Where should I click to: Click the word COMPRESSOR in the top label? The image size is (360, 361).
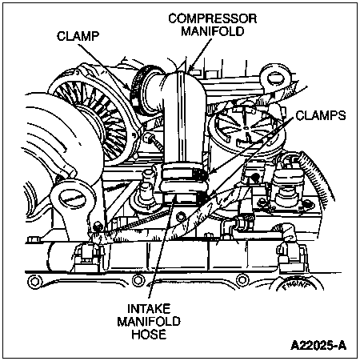tap(213, 18)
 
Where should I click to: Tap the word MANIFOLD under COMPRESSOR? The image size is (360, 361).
tap(213, 31)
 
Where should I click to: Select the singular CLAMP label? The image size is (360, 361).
tap(78, 36)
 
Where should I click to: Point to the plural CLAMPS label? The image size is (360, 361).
tap(321, 115)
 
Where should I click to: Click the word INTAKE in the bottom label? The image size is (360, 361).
tap(149, 309)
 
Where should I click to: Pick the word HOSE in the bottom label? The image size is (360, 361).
tap(149, 334)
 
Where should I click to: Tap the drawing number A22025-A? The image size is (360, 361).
tap(318, 345)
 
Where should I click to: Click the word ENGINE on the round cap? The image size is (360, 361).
tap(295, 286)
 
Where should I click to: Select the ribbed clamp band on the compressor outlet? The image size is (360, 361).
tap(141, 86)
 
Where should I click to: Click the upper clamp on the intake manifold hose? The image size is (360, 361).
tap(186, 174)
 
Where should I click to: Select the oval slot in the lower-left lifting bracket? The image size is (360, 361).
tap(72, 199)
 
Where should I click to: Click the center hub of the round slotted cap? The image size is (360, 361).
tap(246, 128)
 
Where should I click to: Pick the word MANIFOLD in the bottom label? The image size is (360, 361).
tap(149, 321)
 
